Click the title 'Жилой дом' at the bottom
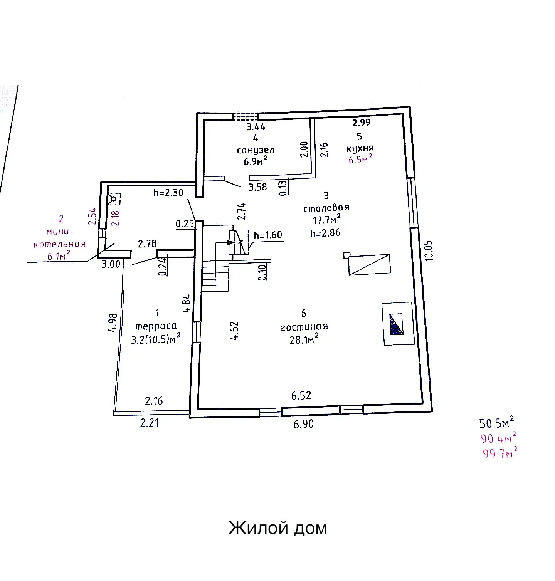click(277, 528)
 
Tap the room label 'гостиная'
click(304, 327)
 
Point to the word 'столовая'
click(326, 208)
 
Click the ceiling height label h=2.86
click(325, 233)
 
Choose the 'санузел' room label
click(256, 150)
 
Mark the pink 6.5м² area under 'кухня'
click(360, 159)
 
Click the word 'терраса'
click(156, 326)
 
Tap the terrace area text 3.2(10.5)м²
click(156, 339)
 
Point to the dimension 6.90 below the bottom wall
click(304, 424)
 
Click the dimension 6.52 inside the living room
click(301, 395)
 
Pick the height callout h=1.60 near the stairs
click(268, 235)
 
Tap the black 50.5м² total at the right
click(497, 423)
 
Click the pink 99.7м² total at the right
click(500, 453)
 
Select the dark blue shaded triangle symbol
click(397, 324)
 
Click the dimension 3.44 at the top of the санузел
click(256, 126)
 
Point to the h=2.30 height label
click(168, 192)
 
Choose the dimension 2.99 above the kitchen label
click(361, 123)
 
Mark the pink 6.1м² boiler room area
click(59, 255)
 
